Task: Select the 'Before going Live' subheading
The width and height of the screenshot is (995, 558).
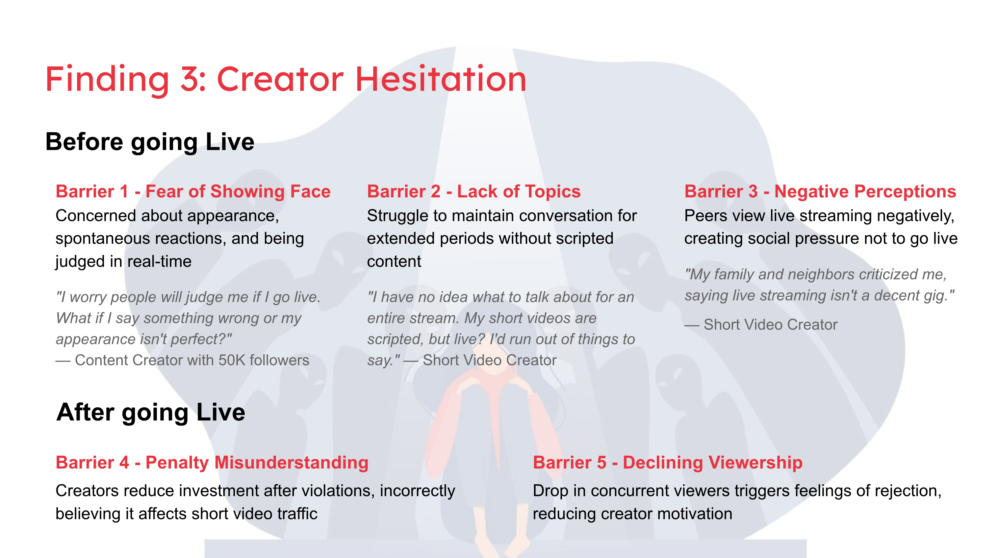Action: point(150,142)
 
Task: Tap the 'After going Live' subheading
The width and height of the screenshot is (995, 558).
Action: point(151,413)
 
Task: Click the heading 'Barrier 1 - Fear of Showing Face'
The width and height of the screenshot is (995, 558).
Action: point(193,191)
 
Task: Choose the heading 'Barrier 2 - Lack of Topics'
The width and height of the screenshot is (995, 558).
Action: point(473,191)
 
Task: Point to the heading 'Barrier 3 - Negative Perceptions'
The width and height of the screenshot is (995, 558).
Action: point(820,191)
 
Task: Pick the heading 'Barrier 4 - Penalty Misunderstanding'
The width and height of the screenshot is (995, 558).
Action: point(212,463)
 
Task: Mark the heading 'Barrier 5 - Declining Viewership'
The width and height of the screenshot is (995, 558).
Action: point(668,463)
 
